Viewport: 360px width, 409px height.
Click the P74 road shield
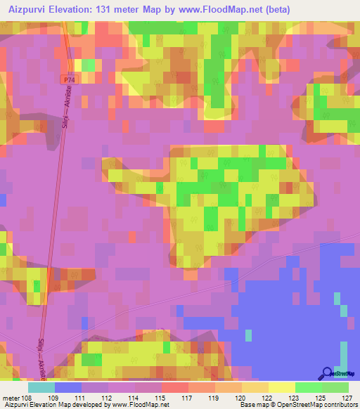[x=67, y=81]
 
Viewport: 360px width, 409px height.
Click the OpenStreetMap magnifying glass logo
[x=327, y=373]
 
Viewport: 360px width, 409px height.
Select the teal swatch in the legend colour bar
[x=41, y=387]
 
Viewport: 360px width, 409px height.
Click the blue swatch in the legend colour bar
[x=67, y=387]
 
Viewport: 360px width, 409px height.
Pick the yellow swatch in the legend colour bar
[x=281, y=387]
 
